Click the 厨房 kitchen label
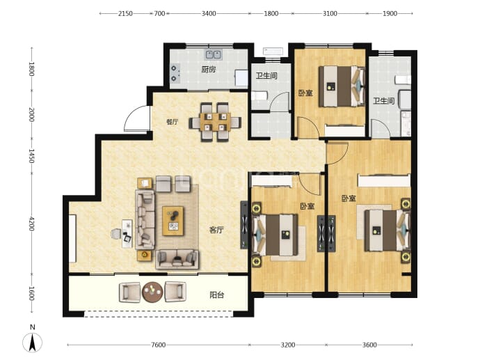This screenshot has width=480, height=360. [209, 70]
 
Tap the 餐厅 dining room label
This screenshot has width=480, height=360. [172, 122]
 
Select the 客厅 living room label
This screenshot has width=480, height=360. [216, 230]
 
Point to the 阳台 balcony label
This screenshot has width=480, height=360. [217, 295]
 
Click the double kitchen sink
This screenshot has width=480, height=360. [214, 54]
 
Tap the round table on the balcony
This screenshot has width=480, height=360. [152, 292]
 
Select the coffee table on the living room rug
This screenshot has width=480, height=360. [173, 221]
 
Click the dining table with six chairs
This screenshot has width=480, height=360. [215, 123]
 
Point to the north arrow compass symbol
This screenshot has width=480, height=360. [33, 343]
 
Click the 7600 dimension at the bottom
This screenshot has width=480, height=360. [159, 345]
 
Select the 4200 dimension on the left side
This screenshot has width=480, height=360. [31, 224]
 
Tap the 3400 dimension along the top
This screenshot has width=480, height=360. [209, 13]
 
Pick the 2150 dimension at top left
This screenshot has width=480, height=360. [125, 13]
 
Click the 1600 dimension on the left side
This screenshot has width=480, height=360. [31, 294]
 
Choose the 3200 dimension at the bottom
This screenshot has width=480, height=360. [288, 345]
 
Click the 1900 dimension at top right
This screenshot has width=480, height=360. [390, 13]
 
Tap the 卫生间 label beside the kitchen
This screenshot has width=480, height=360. [266, 75]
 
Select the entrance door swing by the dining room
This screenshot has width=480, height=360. [137, 119]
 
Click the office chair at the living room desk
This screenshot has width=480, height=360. [115, 234]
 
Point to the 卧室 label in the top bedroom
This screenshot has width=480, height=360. [305, 93]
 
